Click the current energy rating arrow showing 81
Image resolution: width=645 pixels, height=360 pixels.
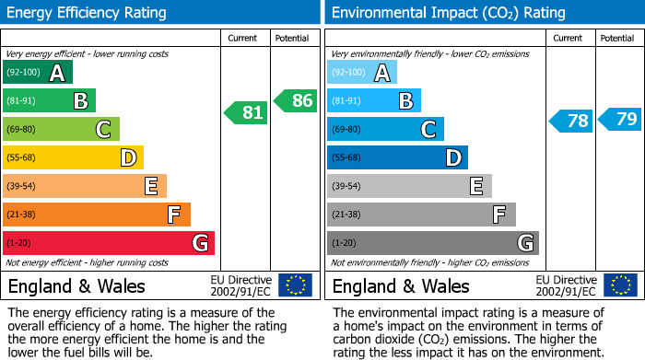246,113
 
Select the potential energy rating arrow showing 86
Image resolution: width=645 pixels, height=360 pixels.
296,100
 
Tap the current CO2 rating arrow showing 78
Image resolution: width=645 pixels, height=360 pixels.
571,121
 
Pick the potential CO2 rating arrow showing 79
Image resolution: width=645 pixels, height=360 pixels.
620,119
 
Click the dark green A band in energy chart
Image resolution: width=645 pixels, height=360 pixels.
37,73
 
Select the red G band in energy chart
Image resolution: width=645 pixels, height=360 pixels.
108,243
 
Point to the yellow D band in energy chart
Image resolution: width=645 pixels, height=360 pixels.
73,158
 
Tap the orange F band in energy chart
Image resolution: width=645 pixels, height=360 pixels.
97,215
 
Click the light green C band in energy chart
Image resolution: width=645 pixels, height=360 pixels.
61,130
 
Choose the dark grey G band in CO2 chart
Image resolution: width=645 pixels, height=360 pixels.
432,243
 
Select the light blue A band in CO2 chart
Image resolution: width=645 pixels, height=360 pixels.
361,73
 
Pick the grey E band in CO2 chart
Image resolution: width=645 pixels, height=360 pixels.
409,186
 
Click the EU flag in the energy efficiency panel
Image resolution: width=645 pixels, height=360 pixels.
295,285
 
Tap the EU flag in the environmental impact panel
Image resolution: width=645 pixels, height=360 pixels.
619,285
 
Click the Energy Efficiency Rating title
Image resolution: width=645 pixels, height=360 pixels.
88,13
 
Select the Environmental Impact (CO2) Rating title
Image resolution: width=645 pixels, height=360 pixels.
448,13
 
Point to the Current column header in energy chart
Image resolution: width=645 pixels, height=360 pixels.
243,38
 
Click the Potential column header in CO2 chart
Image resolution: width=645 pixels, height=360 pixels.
616,38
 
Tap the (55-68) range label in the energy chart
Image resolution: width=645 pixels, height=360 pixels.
23,158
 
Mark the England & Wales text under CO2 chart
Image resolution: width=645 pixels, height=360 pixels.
401,285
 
